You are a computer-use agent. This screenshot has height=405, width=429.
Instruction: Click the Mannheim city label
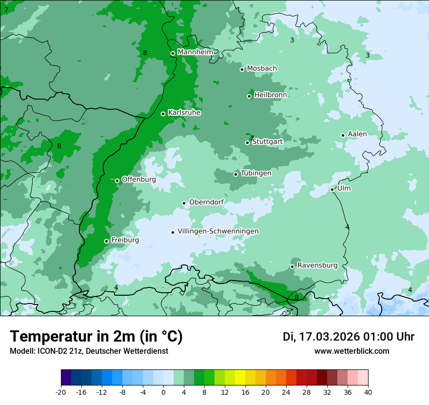[195, 52]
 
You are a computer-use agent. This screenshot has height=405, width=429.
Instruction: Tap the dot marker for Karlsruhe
[163, 114]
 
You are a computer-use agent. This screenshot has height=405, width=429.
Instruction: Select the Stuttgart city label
[267, 142]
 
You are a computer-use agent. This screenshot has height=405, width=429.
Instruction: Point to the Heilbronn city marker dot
[249, 96]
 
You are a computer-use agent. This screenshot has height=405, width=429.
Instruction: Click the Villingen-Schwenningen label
[218, 231]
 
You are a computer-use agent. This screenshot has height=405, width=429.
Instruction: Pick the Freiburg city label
[125, 240]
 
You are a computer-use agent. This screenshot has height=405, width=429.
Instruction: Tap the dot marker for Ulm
[332, 189]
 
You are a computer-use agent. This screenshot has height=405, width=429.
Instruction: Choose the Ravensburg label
[317, 265]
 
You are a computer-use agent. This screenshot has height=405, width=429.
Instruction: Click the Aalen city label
[357, 134]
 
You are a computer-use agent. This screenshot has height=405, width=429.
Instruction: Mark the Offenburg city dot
[117, 181]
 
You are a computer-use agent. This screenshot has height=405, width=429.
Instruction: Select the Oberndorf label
[206, 202]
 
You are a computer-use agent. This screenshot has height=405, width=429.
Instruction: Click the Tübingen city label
[255, 173]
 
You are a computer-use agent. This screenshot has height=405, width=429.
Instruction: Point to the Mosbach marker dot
[242, 69]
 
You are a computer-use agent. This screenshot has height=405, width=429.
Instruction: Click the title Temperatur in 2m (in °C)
[96, 337]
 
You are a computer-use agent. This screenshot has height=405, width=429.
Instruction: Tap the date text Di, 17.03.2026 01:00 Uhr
[349, 337]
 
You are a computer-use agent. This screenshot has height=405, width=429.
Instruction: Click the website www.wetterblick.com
[351, 351]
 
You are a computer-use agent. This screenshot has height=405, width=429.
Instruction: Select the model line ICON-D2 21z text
[89, 351]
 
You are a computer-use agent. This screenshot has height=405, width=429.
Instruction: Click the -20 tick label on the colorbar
[61, 392]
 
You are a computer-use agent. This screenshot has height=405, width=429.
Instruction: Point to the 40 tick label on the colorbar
[368, 392]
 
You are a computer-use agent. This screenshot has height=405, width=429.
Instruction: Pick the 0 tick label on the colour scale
[163, 392]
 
